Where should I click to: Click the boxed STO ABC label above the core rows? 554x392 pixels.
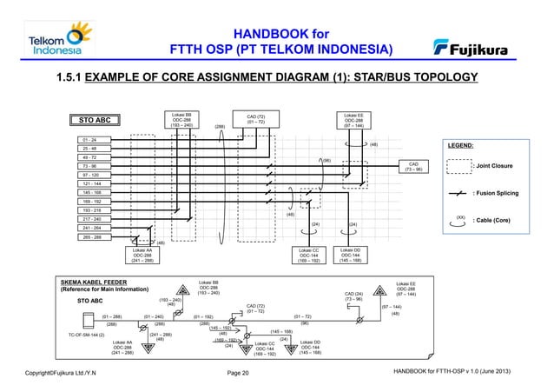click(94, 120)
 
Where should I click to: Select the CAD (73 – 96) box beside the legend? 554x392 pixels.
click(413, 165)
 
